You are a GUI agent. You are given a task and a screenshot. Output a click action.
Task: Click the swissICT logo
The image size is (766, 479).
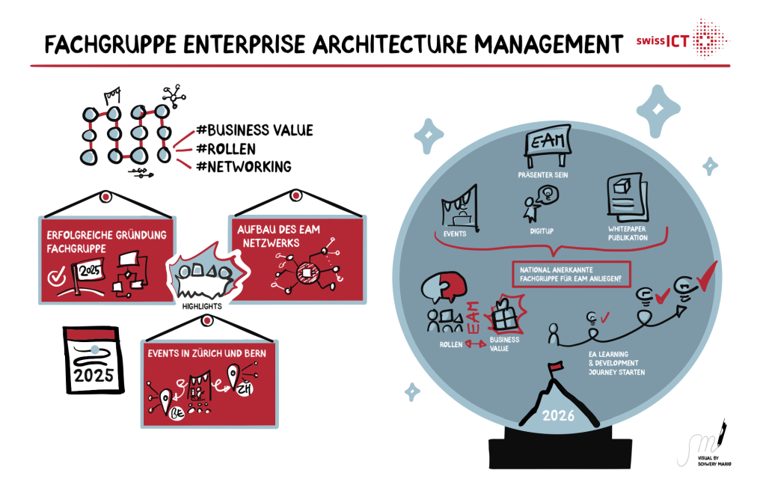681,41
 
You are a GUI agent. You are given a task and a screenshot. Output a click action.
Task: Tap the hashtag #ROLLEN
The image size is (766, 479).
229,148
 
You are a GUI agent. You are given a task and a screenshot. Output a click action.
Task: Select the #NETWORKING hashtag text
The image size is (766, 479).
242,166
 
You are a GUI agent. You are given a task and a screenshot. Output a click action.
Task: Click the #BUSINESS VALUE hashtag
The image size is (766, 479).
254,130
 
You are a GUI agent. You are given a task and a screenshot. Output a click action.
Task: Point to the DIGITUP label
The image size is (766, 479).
541,231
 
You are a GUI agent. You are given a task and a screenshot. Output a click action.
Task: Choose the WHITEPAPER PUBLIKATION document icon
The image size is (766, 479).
622,196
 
